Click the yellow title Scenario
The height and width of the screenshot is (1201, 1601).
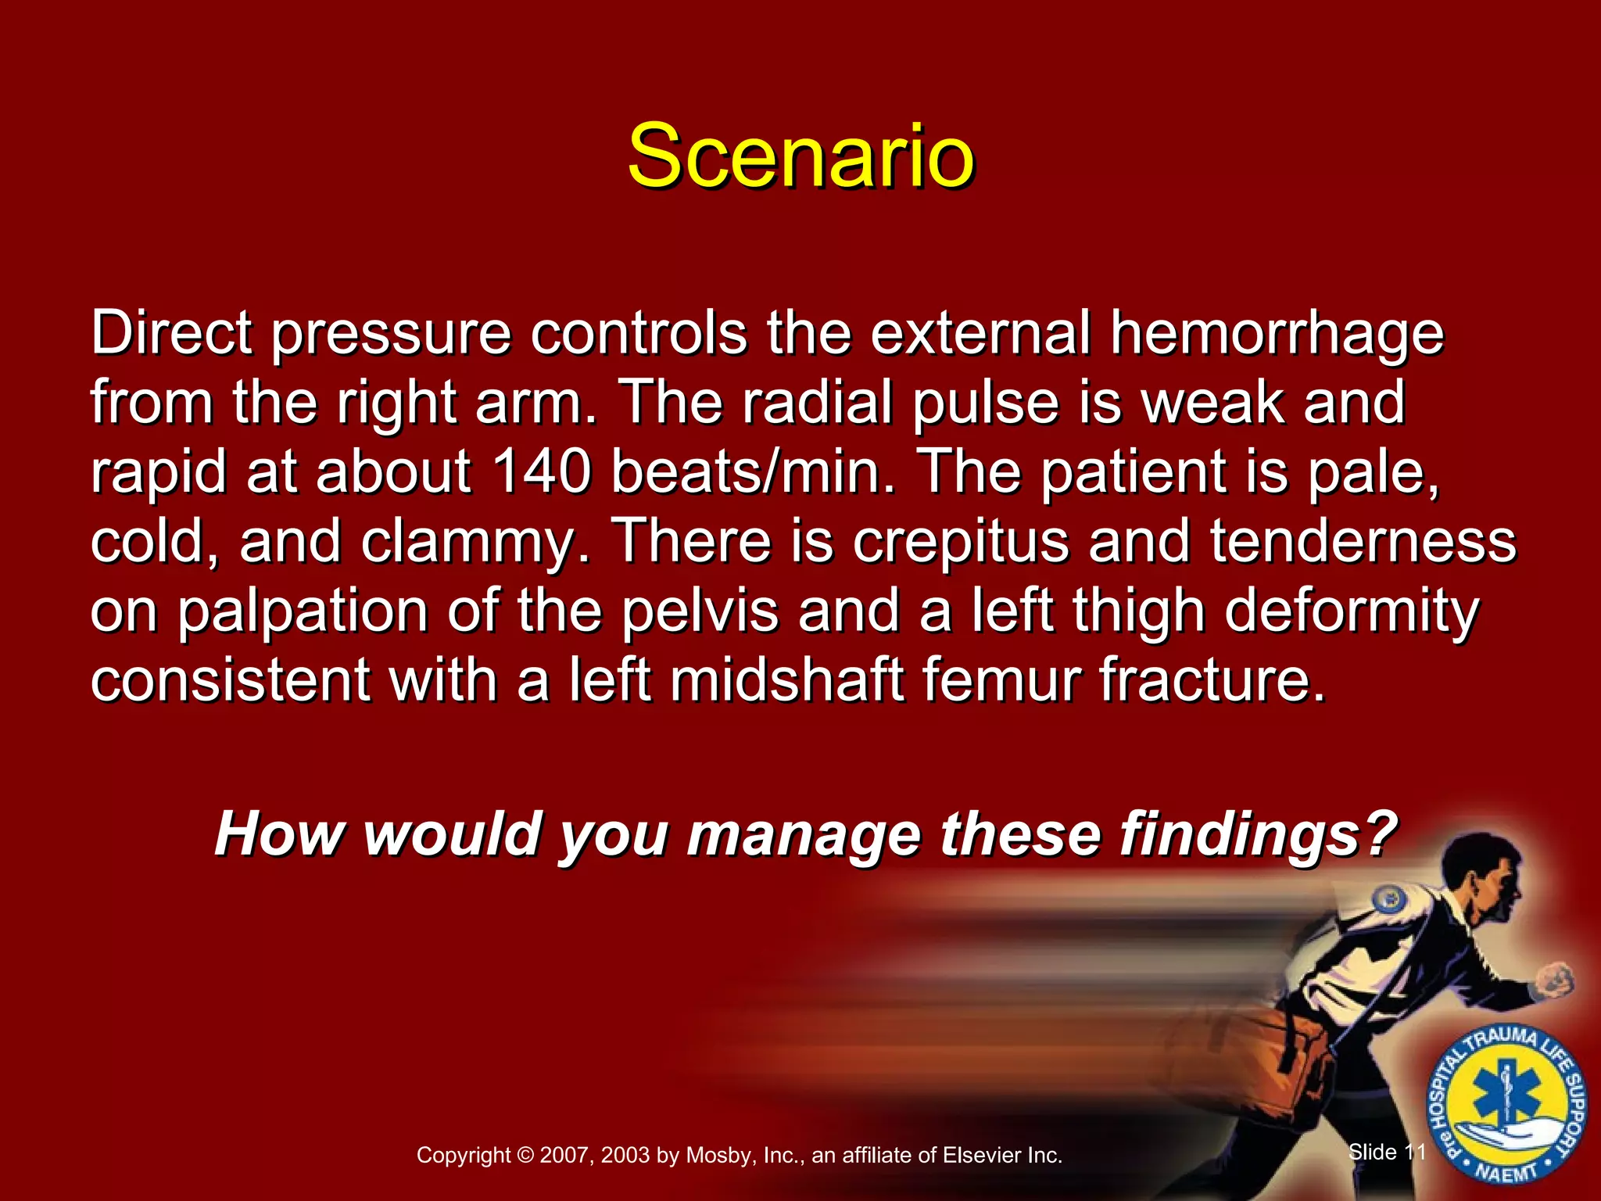tap(800, 156)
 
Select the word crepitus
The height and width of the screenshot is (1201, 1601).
tap(960, 541)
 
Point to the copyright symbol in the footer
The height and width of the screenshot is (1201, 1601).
tap(525, 1155)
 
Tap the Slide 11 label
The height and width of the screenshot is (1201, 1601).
tap(1388, 1151)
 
